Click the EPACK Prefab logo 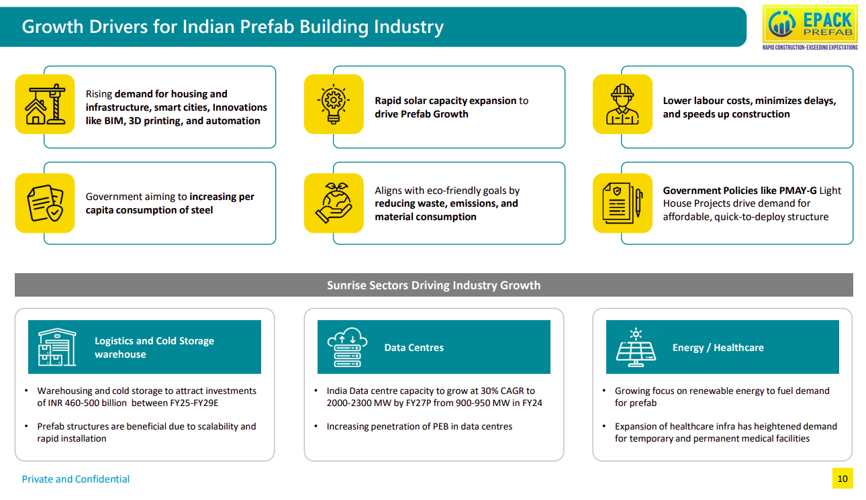point(810,27)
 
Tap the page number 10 point(843,479)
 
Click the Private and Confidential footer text point(76,479)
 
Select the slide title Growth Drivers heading point(232,27)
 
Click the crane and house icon point(45,104)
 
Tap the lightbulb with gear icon point(334,104)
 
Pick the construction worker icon point(622,104)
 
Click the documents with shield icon point(45,203)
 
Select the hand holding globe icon point(334,203)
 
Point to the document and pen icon point(622,203)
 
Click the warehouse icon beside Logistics point(57,347)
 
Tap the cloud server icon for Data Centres point(347,347)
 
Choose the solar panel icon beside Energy point(636,347)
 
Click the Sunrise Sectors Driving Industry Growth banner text point(434,285)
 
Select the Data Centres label point(414,348)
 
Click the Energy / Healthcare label point(718,348)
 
